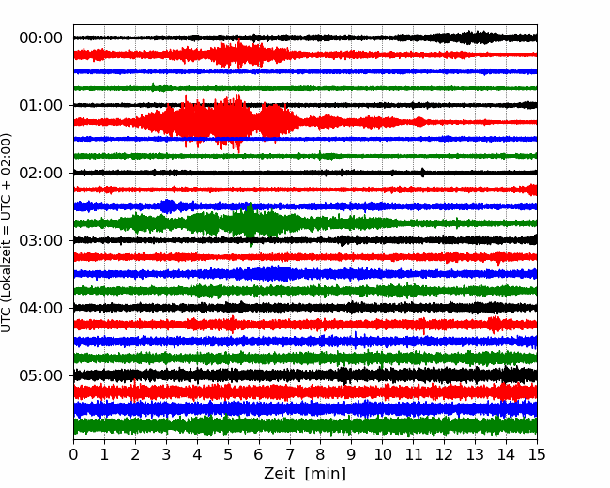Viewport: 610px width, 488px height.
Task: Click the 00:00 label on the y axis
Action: (40, 38)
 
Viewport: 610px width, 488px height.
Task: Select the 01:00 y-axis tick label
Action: (40, 105)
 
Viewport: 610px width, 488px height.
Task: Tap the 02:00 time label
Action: (40, 173)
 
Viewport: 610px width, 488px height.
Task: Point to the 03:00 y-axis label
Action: (40, 240)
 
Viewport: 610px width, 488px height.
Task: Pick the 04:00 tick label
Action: (40, 308)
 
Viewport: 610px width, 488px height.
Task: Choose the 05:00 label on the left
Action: (40, 375)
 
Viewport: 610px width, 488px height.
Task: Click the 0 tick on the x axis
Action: (73, 454)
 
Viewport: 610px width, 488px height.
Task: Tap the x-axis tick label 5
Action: (228, 454)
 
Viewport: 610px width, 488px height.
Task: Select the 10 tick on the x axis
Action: (382, 454)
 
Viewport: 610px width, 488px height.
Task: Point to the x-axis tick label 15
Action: (537, 454)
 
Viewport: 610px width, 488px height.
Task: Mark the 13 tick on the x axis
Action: (475, 454)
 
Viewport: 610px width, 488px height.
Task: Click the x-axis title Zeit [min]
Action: (305, 473)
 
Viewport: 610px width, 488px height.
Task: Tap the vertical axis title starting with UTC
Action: (6, 233)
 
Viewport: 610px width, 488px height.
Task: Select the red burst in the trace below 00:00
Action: (241, 54)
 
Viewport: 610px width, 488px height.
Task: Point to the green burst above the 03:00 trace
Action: (234, 223)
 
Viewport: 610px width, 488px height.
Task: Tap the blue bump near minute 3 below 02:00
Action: (168, 206)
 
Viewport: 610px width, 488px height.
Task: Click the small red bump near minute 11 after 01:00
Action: (419, 121)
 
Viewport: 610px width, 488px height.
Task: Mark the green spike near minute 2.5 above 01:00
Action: (153, 86)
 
